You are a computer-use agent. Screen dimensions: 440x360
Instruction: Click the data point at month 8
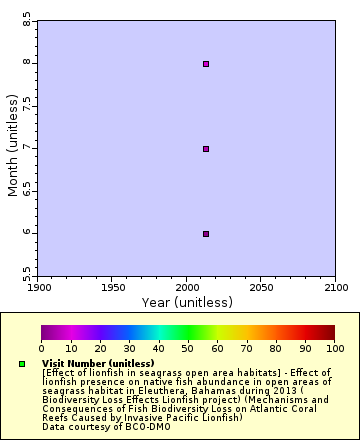pos(206,64)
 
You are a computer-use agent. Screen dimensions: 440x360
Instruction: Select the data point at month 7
pos(206,149)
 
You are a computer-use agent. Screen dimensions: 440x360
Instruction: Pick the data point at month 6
pos(206,234)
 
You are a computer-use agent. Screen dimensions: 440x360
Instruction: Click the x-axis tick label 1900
pos(38,287)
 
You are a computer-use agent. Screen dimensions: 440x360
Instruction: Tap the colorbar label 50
pos(188,349)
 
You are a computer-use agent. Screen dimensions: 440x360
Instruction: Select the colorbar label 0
pos(41,349)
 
